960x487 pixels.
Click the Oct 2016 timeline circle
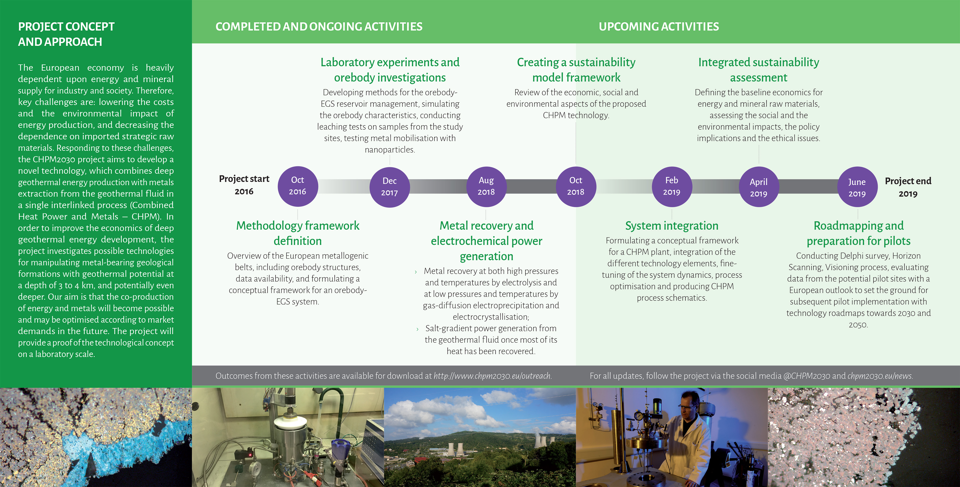[x=297, y=186]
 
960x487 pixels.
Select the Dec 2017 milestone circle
[x=389, y=187]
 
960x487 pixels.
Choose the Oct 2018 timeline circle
[x=575, y=186]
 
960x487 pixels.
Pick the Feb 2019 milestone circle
[x=672, y=186]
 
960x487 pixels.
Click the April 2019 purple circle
[x=758, y=187]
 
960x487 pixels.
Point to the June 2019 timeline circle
[x=857, y=187]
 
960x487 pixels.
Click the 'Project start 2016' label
[x=244, y=185]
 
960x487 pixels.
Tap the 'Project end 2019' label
[x=908, y=187]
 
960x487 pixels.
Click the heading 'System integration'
[x=672, y=225]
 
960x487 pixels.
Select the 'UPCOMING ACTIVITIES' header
[x=658, y=27]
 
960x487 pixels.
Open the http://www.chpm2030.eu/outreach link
[x=492, y=376]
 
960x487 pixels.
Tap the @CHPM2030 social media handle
[x=806, y=376]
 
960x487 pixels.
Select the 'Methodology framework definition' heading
[x=298, y=233]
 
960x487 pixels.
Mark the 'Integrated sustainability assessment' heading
[x=758, y=70]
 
